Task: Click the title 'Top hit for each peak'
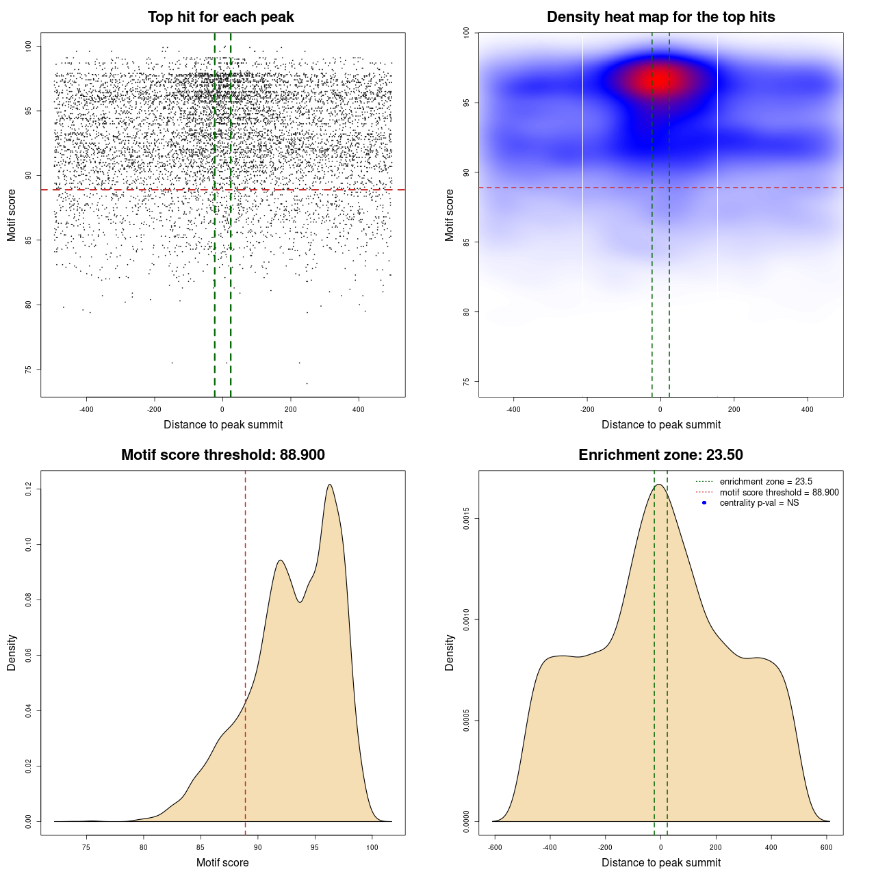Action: (x=221, y=17)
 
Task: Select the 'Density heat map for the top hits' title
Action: (x=660, y=17)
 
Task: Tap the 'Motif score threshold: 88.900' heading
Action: (x=222, y=455)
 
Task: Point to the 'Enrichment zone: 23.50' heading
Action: (x=660, y=455)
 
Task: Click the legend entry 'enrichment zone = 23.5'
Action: (x=766, y=482)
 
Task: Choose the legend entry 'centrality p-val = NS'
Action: (x=759, y=503)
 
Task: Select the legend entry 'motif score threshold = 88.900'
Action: (x=779, y=493)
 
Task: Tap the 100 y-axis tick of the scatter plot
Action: (x=28, y=46)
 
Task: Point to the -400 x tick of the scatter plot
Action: (x=86, y=410)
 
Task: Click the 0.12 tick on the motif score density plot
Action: (x=28, y=489)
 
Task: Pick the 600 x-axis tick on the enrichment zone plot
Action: (x=826, y=848)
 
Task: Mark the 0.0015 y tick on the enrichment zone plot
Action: (x=466, y=519)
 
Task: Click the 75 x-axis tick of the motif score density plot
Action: (x=86, y=848)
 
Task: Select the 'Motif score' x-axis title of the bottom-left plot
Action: (x=222, y=863)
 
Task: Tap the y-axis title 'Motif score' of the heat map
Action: (x=450, y=215)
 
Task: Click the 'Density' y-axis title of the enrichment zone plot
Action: (x=450, y=652)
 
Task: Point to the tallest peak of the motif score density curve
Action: (x=330, y=485)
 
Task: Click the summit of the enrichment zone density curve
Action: (x=658, y=485)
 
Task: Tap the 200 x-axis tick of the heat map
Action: (x=734, y=410)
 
